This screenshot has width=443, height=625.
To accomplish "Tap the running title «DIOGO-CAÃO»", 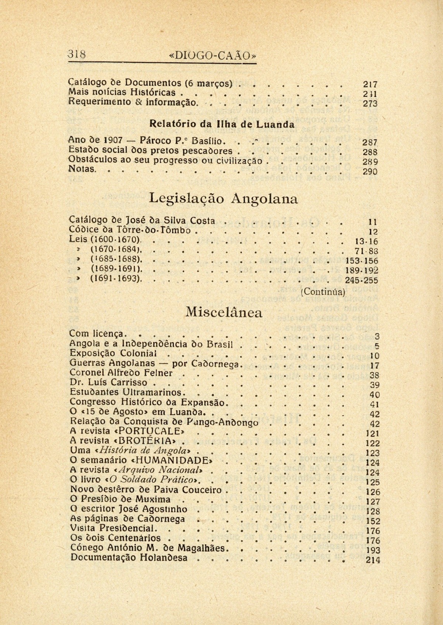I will click(x=212, y=56).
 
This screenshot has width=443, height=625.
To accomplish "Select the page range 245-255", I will click(x=361, y=280).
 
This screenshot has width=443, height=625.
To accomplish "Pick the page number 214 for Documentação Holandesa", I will click(x=372, y=560).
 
